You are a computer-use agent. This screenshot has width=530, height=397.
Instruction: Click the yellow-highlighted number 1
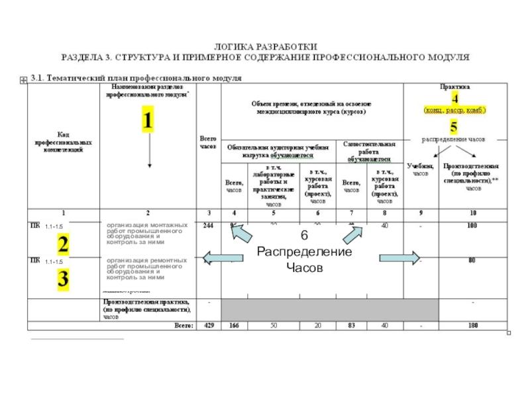coord(147,120)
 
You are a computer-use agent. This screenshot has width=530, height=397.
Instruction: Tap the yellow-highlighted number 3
coord(63,279)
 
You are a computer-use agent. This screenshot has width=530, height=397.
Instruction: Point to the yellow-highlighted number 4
coord(454,96)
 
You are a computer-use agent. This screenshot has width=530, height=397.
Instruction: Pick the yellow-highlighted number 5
coord(454,126)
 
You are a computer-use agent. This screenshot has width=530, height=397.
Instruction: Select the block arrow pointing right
coord(399,257)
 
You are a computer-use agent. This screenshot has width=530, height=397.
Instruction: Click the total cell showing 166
coord(235,325)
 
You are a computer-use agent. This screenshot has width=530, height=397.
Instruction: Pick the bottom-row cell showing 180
coord(472,325)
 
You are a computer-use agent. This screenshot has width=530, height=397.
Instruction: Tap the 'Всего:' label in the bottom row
coord(182,325)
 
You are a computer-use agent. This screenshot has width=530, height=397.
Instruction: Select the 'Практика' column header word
coord(454,86)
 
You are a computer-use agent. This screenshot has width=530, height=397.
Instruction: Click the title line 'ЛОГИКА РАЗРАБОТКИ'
coord(265,46)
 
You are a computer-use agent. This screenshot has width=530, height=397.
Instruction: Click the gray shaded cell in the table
coord(329,308)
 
